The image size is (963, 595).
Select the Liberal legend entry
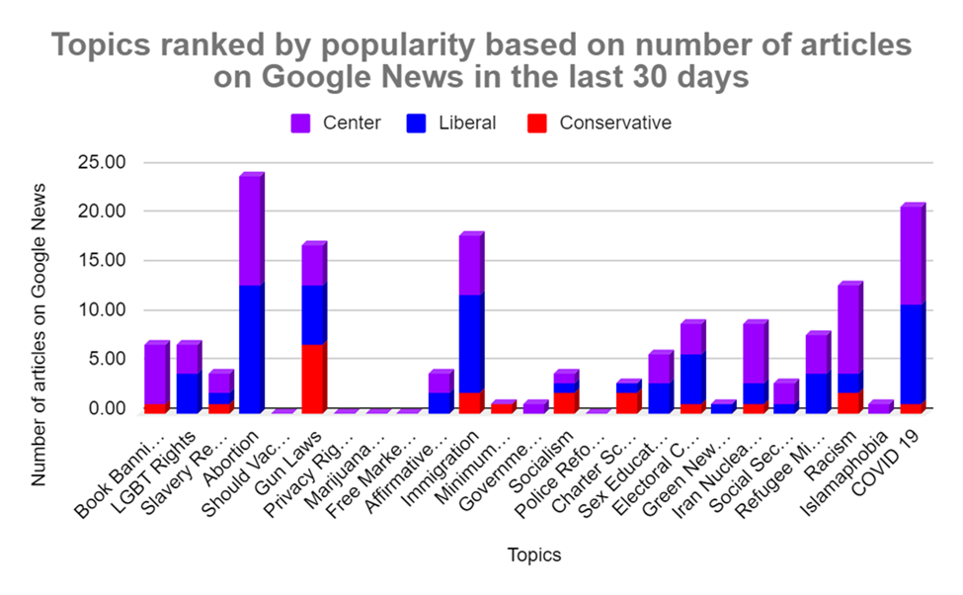[x=449, y=124]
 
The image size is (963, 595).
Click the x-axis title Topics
[x=533, y=554]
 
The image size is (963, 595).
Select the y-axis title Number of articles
[x=40, y=333]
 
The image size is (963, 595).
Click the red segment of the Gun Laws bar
[x=312, y=378]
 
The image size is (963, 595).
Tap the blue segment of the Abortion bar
[x=250, y=348]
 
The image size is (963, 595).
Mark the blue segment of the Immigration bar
[x=470, y=343]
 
